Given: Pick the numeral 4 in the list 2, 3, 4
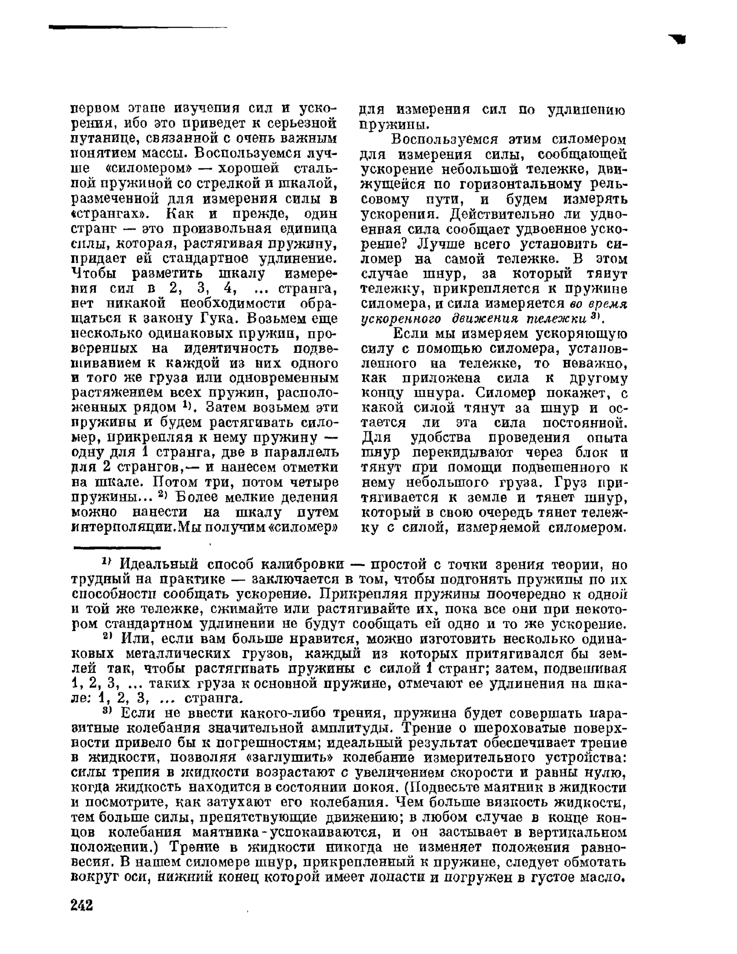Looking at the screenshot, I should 228,289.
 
